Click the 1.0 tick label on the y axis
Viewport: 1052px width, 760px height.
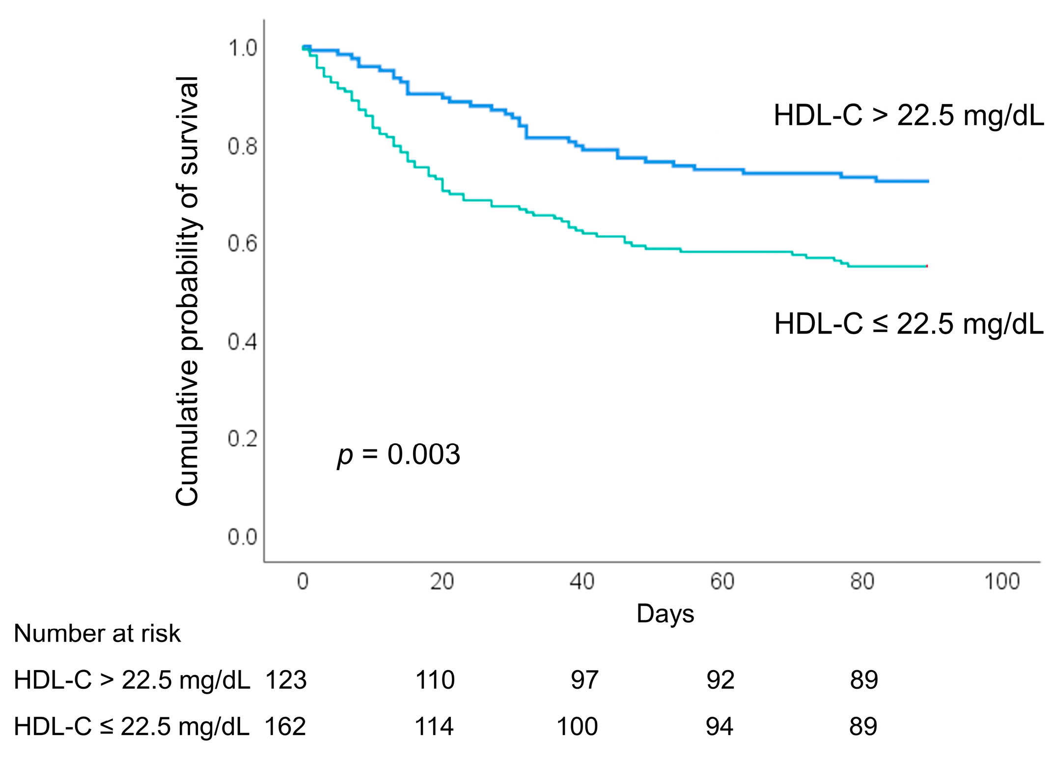tap(243, 48)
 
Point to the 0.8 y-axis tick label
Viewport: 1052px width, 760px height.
tap(243, 146)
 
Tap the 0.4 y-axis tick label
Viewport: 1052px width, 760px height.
tap(243, 341)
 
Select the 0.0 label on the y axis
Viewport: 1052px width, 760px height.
tap(243, 537)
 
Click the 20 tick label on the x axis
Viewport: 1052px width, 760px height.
tap(442, 582)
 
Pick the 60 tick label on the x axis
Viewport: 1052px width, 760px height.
tap(722, 582)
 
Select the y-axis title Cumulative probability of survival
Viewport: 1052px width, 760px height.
tap(187, 291)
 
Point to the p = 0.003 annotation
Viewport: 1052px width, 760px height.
tap(399, 455)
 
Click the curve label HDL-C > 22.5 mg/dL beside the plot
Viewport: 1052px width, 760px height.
tap(909, 116)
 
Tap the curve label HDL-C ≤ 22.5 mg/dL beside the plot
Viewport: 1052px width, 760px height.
tap(909, 324)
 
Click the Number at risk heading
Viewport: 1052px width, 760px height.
tap(97, 634)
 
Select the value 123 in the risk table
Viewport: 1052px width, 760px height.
tap(286, 680)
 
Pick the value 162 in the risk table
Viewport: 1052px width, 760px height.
tap(285, 727)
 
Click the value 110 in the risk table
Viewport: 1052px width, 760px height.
tap(435, 680)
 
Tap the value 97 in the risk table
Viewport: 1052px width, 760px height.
tap(584, 680)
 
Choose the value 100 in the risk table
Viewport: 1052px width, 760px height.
tap(578, 727)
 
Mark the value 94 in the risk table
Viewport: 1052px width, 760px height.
tap(720, 727)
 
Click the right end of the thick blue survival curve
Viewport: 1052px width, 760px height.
tap(928, 181)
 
